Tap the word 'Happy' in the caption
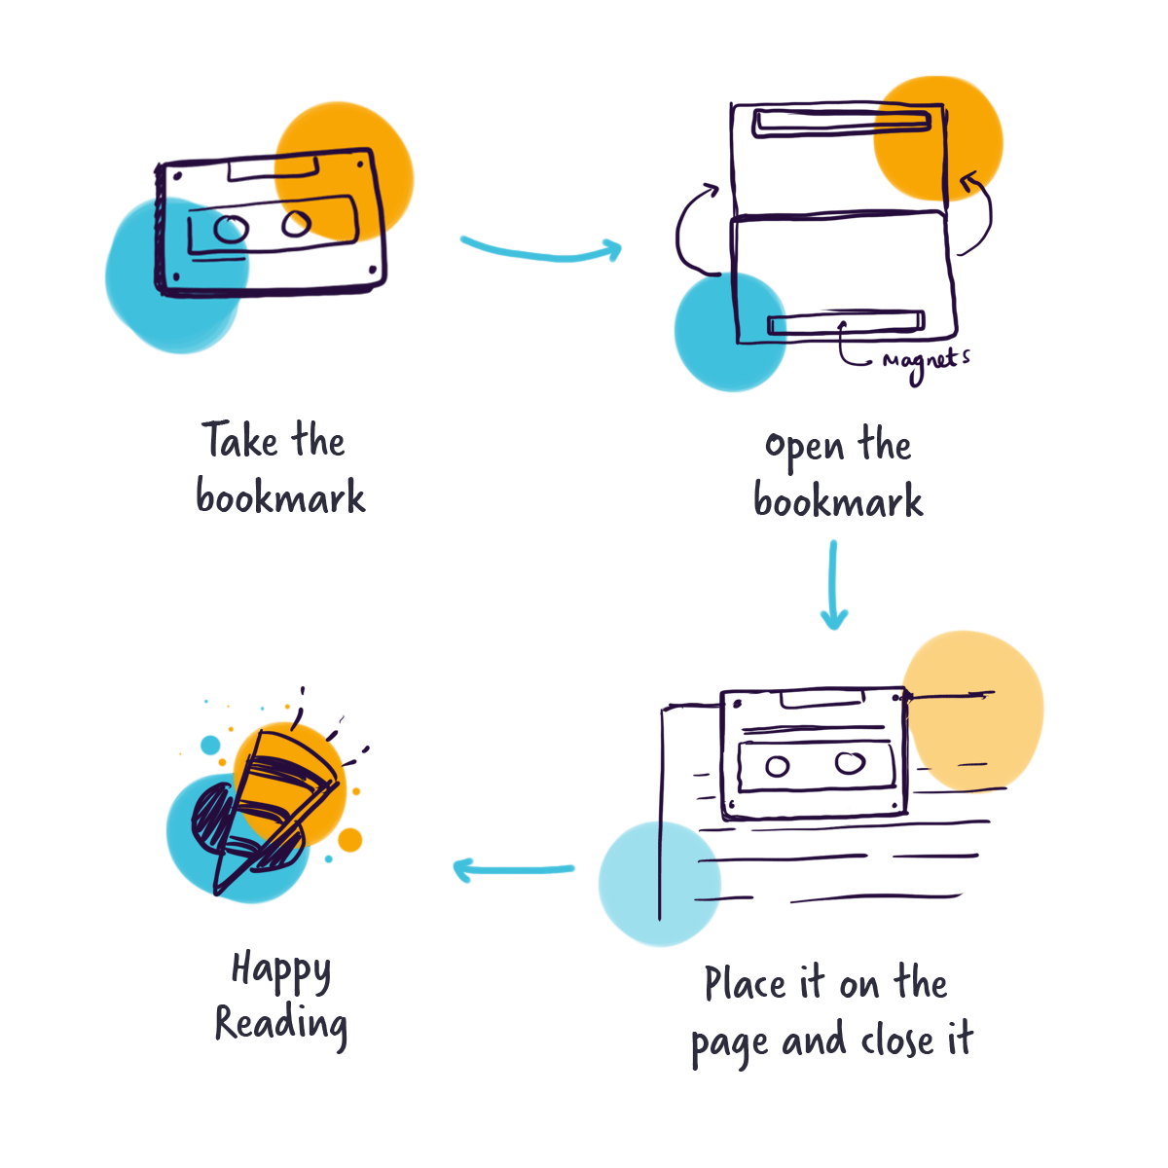tap(280, 971)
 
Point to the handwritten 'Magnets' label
tap(926, 361)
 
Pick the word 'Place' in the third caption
tap(746, 984)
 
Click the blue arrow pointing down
tap(833, 584)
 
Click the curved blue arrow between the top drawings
tap(541, 250)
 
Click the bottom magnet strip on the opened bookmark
tap(845, 323)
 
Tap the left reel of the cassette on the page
tap(777, 766)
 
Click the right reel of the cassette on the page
tap(849, 762)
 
